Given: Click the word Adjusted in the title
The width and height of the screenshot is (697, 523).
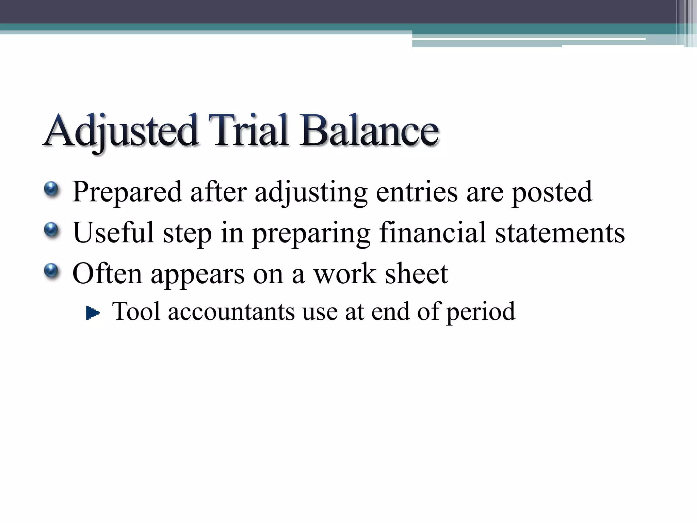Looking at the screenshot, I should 121,131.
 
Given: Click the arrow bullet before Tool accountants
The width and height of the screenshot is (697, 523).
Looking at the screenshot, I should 93,313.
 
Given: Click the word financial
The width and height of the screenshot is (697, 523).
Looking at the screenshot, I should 432,233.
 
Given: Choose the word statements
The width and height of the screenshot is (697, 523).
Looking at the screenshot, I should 560,233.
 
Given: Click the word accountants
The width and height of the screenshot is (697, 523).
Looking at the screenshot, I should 231,312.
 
